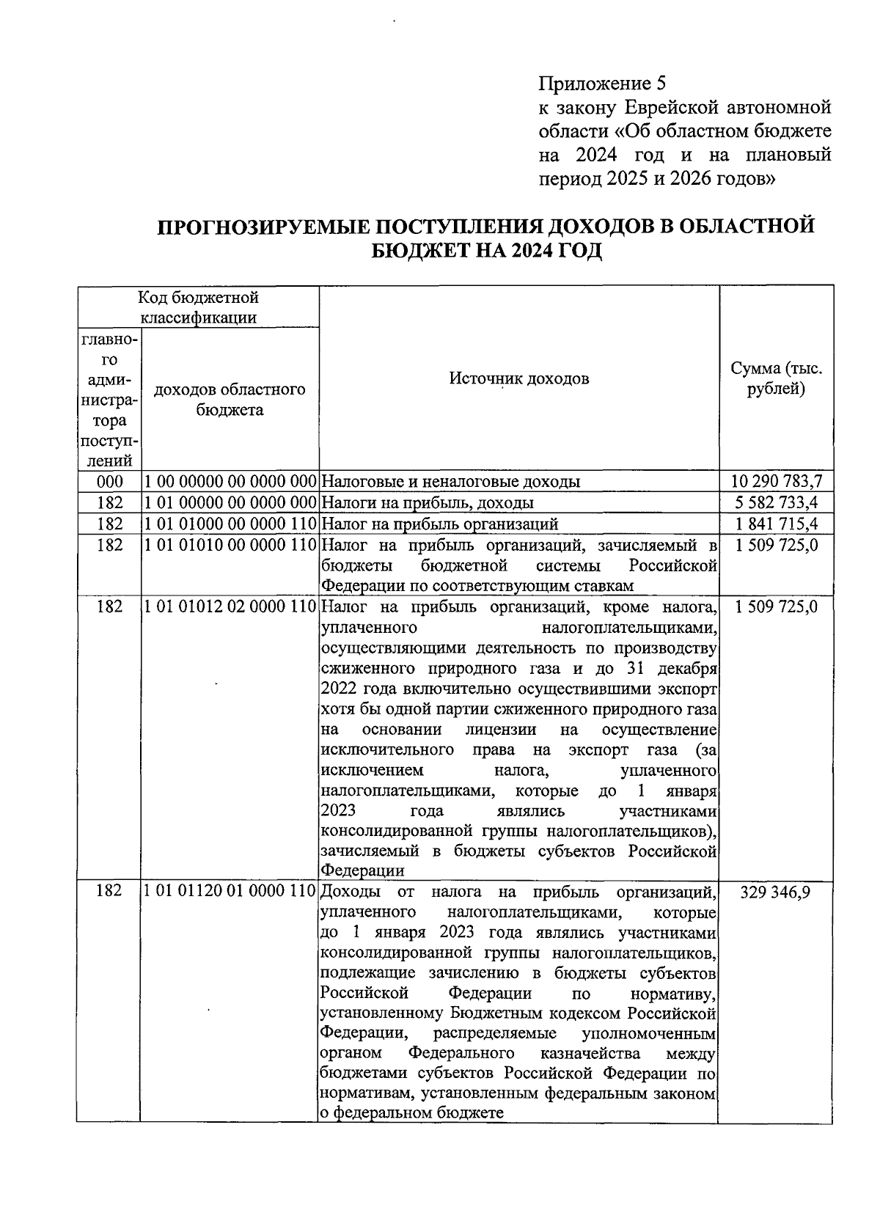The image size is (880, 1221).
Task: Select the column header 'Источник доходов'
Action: (x=518, y=378)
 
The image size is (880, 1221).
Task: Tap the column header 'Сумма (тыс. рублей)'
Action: (x=776, y=378)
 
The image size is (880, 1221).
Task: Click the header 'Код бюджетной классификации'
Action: (x=199, y=307)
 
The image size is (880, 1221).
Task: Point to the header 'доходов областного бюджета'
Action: (x=230, y=400)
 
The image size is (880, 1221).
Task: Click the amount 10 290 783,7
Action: (x=777, y=482)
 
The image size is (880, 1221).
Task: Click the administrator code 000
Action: (x=109, y=482)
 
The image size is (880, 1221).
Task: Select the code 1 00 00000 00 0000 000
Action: (x=230, y=482)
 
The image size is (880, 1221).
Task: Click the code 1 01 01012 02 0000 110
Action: (x=230, y=607)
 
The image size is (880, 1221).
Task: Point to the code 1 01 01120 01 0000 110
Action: (x=230, y=892)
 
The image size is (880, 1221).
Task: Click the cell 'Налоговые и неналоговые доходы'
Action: (x=451, y=482)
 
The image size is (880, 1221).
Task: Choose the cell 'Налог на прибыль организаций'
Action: (x=440, y=524)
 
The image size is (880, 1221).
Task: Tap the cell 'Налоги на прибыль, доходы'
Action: (x=428, y=502)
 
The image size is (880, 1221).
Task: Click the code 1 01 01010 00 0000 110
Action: (x=230, y=545)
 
